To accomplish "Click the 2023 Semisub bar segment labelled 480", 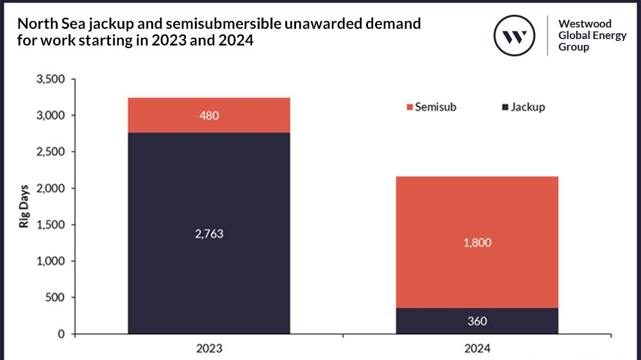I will [209, 115].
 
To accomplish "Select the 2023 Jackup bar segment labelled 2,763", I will [209, 233].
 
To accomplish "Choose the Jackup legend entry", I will [522, 107].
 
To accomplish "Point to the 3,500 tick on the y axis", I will [51, 79].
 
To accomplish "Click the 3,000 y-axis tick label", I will [51, 116].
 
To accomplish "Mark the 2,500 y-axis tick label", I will [51, 152].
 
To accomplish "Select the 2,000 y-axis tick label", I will [51, 189].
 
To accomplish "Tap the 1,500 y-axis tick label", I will [51, 225].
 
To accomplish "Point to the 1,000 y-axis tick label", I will [51, 261].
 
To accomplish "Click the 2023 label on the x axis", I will [209, 349].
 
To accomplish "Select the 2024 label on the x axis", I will [477, 349].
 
